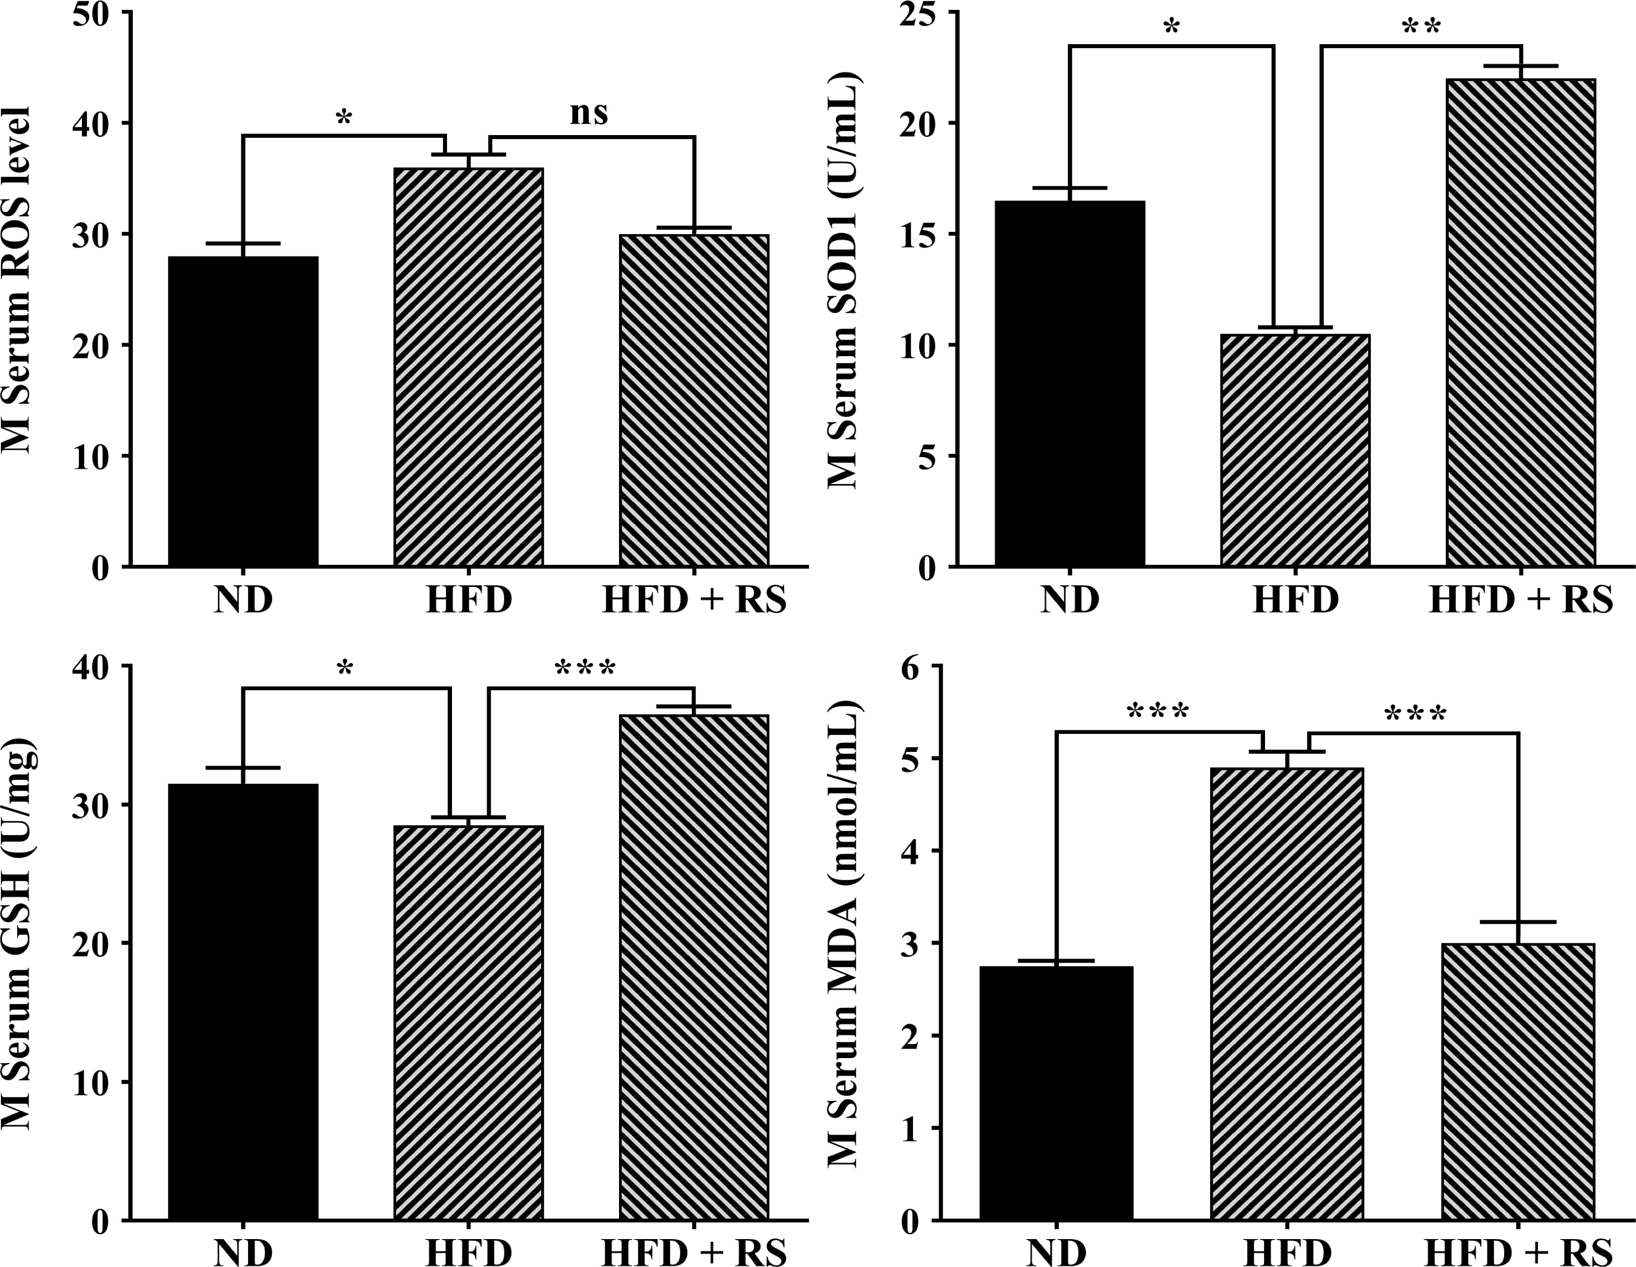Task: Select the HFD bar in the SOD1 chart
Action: (x=1295, y=449)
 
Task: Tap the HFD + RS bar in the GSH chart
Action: (x=694, y=967)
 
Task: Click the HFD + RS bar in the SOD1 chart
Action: (x=1521, y=322)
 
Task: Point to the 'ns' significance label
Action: (x=589, y=113)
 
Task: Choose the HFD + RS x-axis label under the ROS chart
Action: (x=694, y=600)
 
